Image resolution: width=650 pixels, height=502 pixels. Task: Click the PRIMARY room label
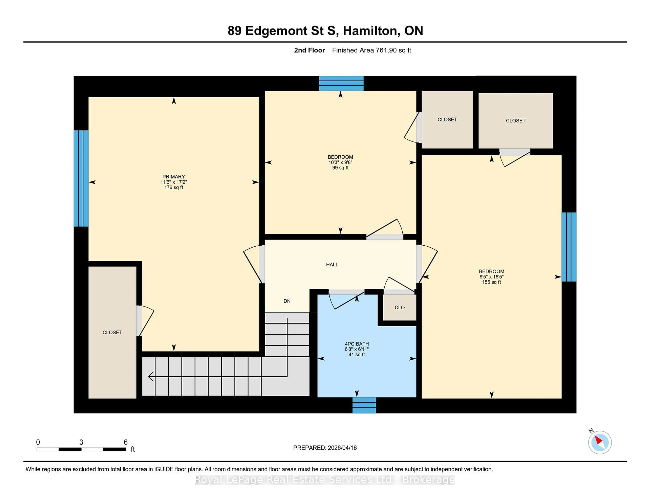click(174, 177)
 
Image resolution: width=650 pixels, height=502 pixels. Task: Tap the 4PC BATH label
click(356, 344)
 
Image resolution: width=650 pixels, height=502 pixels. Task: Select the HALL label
click(332, 264)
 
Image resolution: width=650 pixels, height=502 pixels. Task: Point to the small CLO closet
click(399, 307)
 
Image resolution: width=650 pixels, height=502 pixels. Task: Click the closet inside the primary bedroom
click(112, 332)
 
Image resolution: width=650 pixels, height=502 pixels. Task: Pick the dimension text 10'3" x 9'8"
click(340, 162)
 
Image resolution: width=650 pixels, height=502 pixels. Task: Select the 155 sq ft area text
click(491, 282)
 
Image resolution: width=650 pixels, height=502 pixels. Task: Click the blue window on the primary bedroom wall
click(81, 178)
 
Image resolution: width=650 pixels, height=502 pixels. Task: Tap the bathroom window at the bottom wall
click(364, 405)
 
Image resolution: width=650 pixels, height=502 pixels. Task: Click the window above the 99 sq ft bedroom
click(341, 83)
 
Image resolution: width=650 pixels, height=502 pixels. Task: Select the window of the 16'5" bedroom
click(569, 247)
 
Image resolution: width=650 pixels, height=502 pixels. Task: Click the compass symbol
click(600, 442)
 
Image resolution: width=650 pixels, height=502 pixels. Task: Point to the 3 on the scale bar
click(81, 442)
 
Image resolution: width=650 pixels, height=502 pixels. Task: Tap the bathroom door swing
click(345, 300)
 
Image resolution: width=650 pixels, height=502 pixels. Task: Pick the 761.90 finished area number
click(386, 50)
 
